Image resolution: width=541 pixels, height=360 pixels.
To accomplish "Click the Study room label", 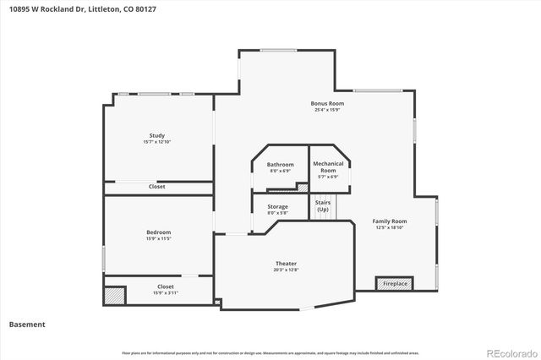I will tap(157, 135).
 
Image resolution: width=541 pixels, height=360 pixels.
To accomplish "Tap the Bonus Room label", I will tap(327, 103).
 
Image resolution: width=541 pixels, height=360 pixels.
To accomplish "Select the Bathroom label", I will tap(280, 164).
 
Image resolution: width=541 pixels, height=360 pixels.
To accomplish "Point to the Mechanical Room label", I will tap(328, 166).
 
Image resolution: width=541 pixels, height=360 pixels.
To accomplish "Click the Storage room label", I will tap(277, 206).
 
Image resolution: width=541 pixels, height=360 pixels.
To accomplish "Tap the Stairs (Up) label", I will tap(323, 206).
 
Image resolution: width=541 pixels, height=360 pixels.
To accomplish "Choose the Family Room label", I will tap(390, 221).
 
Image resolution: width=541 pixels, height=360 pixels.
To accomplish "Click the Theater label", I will tap(286, 264).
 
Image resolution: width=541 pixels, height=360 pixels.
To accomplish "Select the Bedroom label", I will tap(157, 232).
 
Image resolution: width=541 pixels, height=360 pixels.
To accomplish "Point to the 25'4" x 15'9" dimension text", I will tap(327, 110).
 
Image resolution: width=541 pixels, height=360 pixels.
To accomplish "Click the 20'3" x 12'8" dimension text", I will tap(286, 270).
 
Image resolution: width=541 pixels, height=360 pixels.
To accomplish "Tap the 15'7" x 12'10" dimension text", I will tap(157, 142).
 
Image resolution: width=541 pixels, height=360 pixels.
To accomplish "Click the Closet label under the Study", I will tap(157, 187).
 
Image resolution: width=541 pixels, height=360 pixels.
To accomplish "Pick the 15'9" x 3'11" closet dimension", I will tap(166, 293).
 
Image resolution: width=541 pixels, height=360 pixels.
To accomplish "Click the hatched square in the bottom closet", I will tap(114, 296).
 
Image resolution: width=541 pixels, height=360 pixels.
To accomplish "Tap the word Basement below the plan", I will tap(27, 324).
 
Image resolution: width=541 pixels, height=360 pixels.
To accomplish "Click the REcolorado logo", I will tap(506, 352).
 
